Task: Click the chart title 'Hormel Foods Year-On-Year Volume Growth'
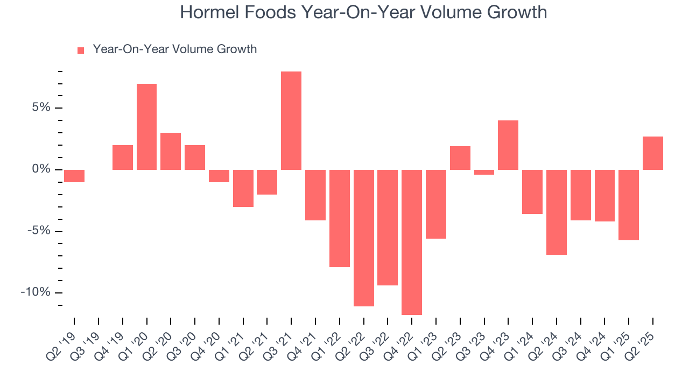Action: click(363, 12)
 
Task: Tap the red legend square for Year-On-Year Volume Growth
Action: click(81, 50)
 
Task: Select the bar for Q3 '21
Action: click(291, 120)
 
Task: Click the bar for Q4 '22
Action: click(412, 242)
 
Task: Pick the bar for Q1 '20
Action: click(146, 127)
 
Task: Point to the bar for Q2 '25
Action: click(653, 153)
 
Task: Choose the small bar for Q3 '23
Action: click(484, 172)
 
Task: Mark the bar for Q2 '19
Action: click(74, 176)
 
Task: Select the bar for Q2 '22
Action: click(364, 238)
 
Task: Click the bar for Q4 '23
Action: click(508, 145)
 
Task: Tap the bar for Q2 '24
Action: click(557, 212)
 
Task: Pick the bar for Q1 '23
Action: click(436, 204)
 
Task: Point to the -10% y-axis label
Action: click(36, 292)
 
